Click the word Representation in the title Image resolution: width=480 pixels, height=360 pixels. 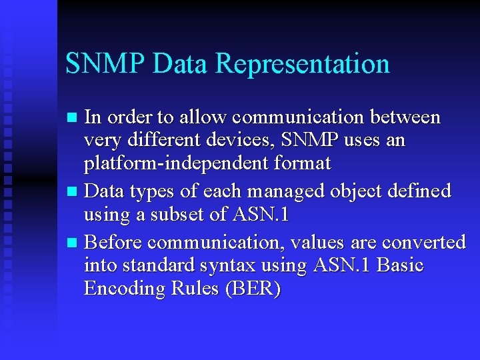(303, 64)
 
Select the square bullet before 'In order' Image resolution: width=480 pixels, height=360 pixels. (74, 119)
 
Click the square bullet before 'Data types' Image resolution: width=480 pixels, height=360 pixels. (74, 193)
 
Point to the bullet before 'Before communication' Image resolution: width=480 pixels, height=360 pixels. (74, 242)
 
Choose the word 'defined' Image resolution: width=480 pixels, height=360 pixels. (419, 191)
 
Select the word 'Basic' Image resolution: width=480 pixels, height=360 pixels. (400, 265)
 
